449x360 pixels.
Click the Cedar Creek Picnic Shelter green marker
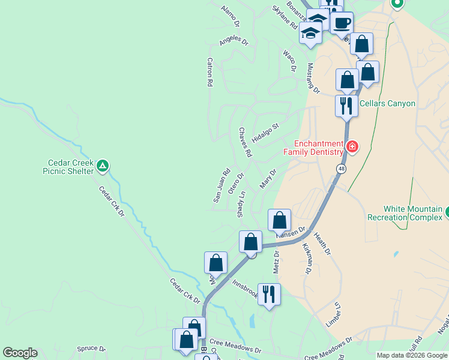[x=103, y=165]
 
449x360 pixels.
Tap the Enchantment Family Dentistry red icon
[x=352, y=146]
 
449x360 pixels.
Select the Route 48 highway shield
[x=340, y=169]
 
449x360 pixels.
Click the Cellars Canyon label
[x=387, y=103]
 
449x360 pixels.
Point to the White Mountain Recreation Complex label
[x=405, y=213]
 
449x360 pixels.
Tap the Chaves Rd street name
[x=245, y=142]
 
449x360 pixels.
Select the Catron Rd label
[x=210, y=73]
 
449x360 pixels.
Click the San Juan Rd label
[x=222, y=184]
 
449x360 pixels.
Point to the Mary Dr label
[x=268, y=178]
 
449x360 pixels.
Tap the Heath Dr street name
[x=322, y=245]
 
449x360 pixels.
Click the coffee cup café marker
[x=342, y=23]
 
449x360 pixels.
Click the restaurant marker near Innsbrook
[x=269, y=294]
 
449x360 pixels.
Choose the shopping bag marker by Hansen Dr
[x=279, y=220]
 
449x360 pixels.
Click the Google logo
[x=20, y=353]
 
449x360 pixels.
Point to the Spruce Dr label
[x=91, y=349]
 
